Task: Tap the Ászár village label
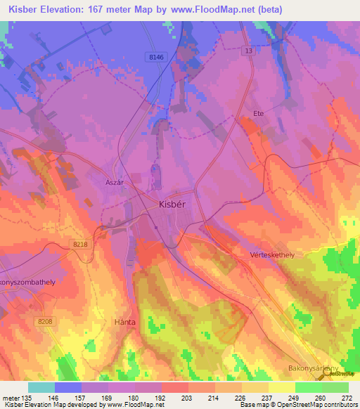pos(115,181)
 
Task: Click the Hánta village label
pos(124,322)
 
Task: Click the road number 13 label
pos(248,51)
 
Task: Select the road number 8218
pos(82,243)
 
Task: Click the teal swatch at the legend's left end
pos(41,387)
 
